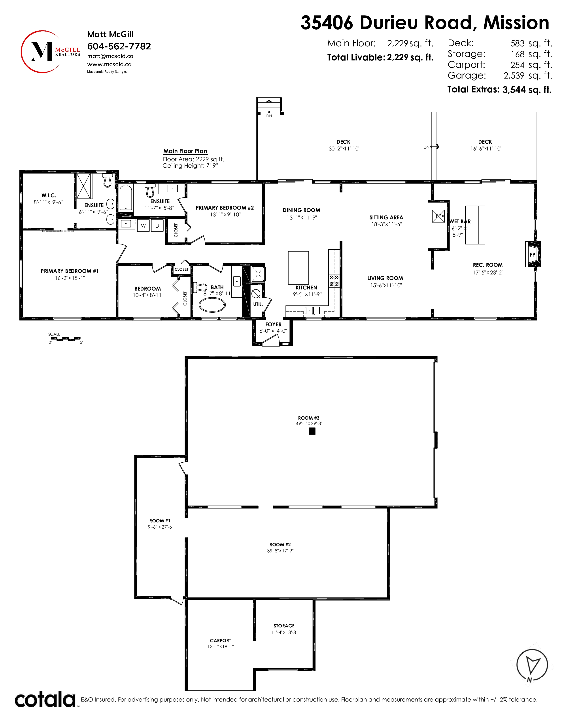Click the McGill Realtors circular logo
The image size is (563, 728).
point(50,52)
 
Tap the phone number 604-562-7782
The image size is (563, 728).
point(119,46)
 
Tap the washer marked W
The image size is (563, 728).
point(144,225)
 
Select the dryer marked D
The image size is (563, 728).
point(157,225)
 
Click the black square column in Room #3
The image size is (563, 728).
point(312,431)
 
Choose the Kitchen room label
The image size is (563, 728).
point(306,287)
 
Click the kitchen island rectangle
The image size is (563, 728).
point(299,268)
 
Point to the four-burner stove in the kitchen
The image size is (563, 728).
point(334,281)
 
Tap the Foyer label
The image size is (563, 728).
point(274,324)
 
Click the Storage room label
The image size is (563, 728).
point(284,626)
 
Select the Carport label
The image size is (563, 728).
point(221,640)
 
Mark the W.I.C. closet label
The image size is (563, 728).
point(49,195)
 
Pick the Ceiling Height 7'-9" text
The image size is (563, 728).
point(190,166)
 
